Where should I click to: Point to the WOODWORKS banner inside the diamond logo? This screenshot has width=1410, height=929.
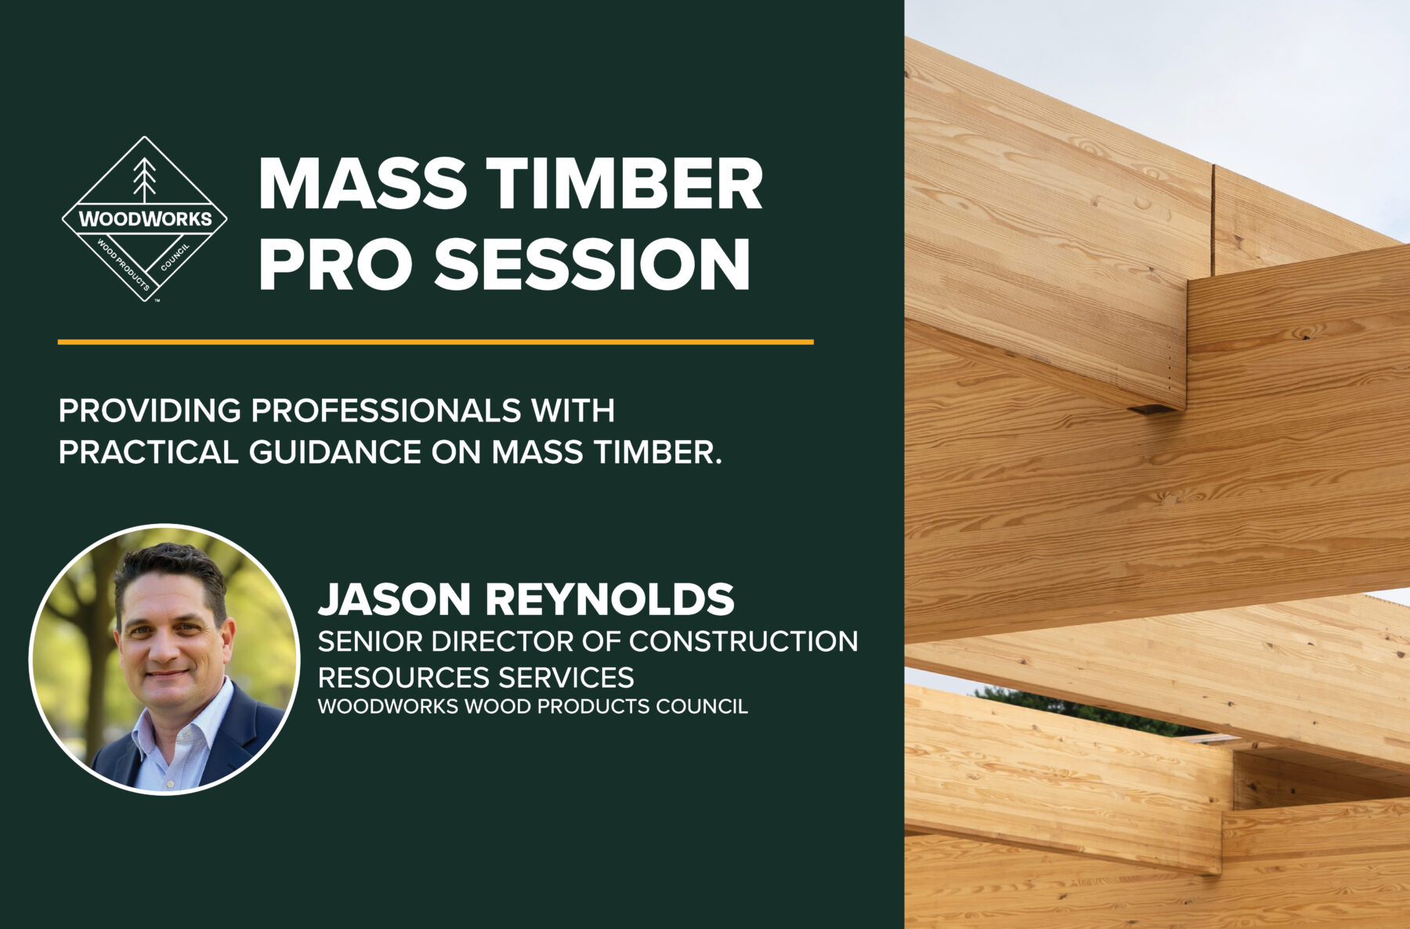[x=145, y=219]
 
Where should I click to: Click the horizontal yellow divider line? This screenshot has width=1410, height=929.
[x=436, y=342]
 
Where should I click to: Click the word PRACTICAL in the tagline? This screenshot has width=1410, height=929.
[x=148, y=453]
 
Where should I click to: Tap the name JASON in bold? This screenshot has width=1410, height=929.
[x=394, y=599]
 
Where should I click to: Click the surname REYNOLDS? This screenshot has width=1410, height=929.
[x=610, y=599]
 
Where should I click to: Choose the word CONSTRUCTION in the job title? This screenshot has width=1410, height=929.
[x=743, y=642]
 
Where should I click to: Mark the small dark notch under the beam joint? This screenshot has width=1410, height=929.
[x=1148, y=409]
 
